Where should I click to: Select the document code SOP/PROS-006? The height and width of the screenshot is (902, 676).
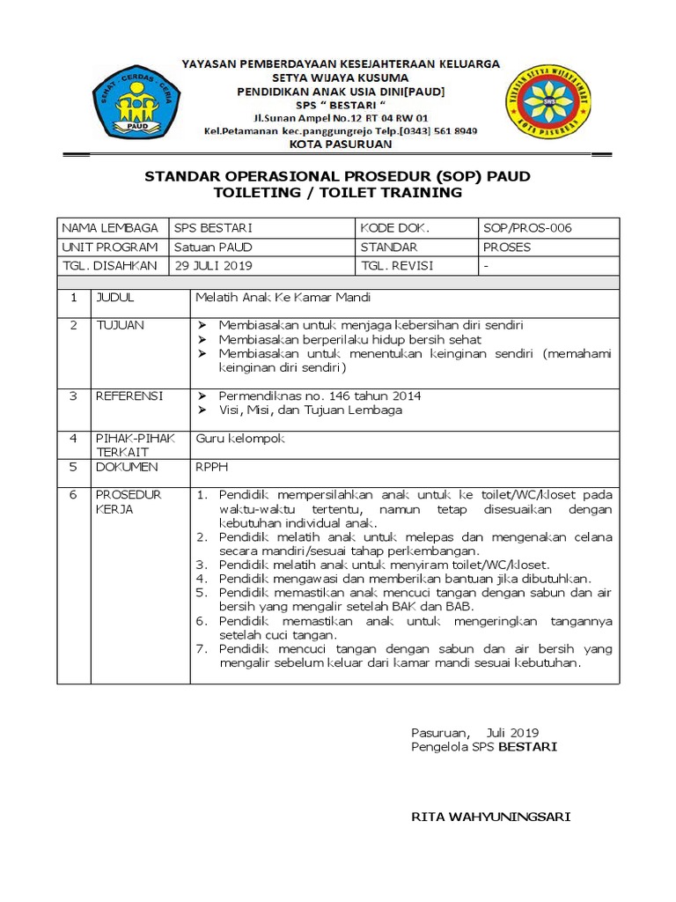[527, 227]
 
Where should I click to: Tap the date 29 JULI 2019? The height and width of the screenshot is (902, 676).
[213, 265]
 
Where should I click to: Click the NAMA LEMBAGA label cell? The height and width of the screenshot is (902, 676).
[110, 227]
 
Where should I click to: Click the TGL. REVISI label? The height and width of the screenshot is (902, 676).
[396, 265]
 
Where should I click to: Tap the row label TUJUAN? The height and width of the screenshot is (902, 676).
[120, 325]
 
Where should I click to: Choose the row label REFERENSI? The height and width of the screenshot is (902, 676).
[129, 396]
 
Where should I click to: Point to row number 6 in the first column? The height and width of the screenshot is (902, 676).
[75, 495]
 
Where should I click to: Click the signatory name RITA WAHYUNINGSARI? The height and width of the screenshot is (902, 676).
[491, 817]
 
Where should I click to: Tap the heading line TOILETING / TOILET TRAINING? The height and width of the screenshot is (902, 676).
[337, 193]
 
